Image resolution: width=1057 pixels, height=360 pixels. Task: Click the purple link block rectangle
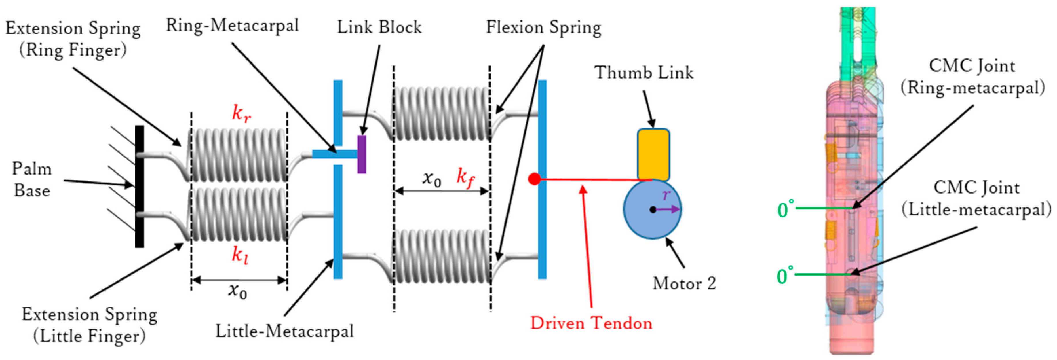coord(362,154)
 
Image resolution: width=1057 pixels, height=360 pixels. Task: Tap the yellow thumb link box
coord(653,155)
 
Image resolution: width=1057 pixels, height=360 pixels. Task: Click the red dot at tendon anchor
coord(534,179)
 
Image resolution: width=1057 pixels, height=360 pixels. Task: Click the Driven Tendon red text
coord(591,323)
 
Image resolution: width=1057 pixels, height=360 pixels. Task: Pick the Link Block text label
coord(379,27)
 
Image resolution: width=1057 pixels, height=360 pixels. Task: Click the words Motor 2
coord(684,283)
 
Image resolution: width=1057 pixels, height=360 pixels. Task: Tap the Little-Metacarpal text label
coord(284,331)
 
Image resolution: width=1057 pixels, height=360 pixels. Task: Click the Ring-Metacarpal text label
coord(232,25)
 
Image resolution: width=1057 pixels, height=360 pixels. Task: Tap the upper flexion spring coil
coord(442,114)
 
